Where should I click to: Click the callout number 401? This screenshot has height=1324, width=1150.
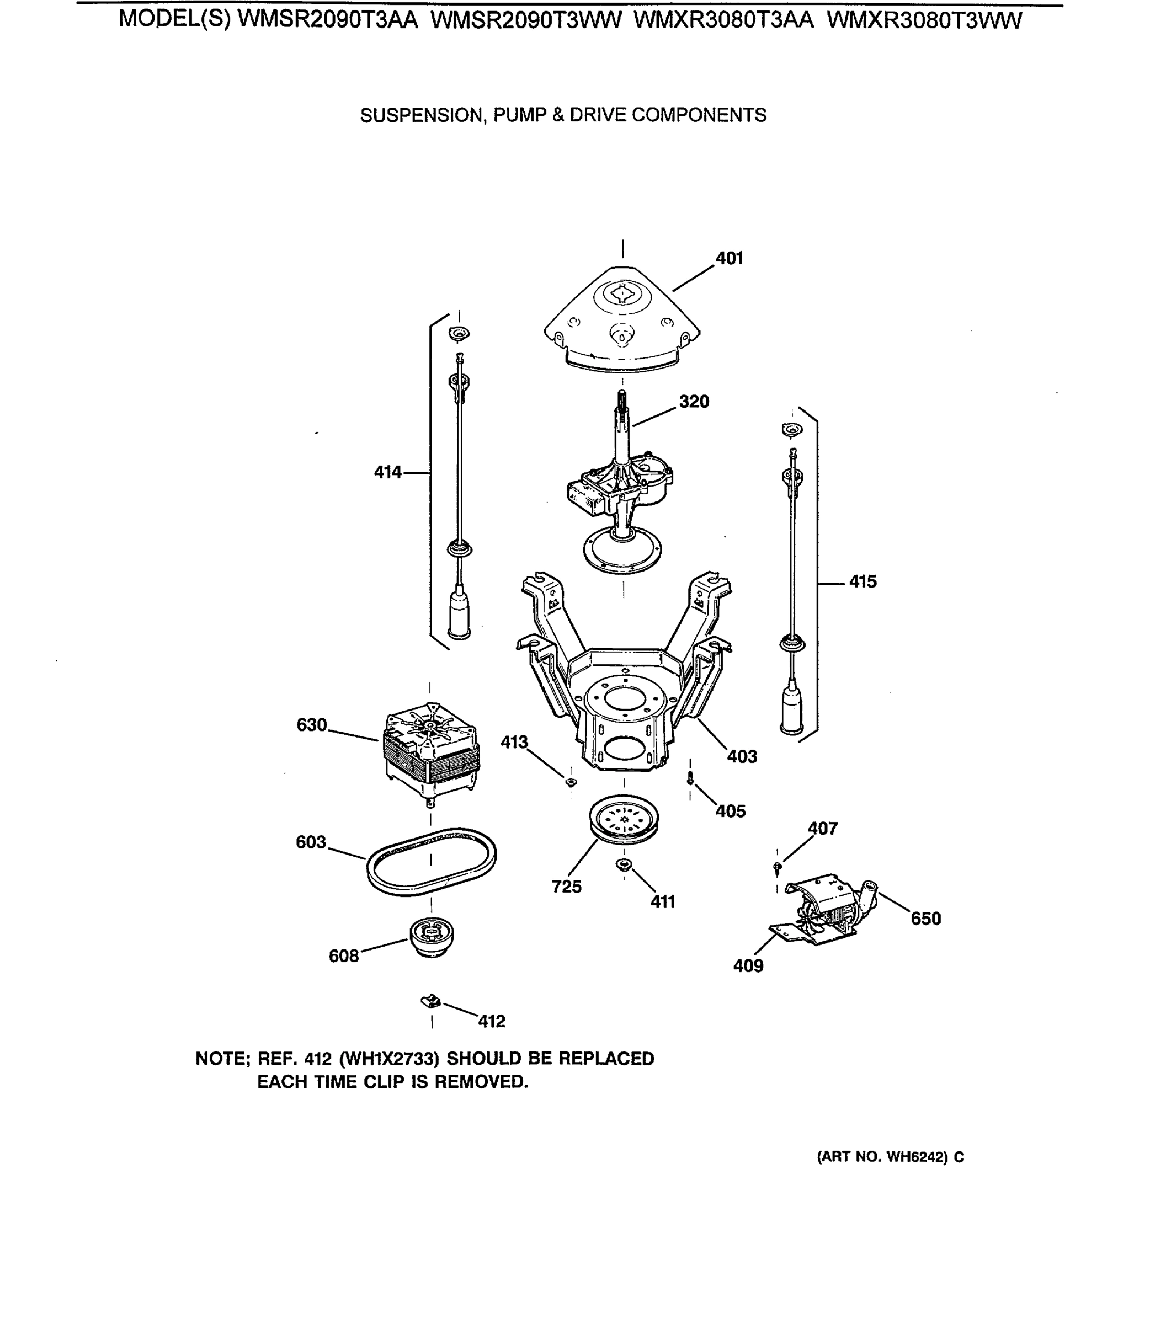click(729, 259)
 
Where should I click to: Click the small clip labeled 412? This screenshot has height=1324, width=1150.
click(430, 1000)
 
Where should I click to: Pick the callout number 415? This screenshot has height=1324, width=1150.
click(862, 582)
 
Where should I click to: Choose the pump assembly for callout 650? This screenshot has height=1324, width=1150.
click(828, 907)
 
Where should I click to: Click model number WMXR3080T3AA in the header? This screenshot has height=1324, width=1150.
click(723, 21)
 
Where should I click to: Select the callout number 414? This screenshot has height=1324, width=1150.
click(387, 473)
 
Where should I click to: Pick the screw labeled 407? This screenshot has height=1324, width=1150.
click(778, 867)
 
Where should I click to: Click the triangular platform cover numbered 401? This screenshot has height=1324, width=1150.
click(621, 321)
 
